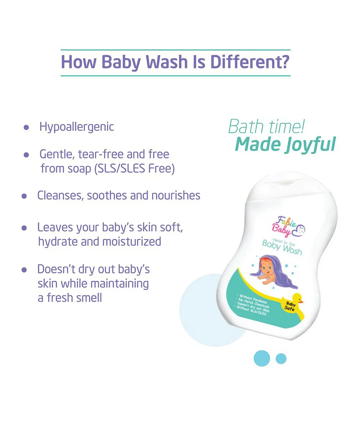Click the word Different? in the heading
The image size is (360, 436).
click(x=250, y=62)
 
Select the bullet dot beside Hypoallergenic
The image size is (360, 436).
click(x=26, y=127)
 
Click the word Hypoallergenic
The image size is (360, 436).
click(x=77, y=127)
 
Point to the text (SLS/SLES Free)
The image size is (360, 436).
click(x=135, y=168)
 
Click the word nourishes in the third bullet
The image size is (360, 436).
click(x=176, y=195)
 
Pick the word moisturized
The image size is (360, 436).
click(x=132, y=242)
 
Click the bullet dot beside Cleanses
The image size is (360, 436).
click(x=24, y=196)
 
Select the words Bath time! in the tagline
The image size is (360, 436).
click(x=266, y=126)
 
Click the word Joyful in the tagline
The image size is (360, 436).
click(x=311, y=144)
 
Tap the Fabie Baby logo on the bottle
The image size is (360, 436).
click(x=288, y=227)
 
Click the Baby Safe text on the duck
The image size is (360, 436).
click(x=290, y=306)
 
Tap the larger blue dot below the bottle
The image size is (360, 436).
click(x=262, y=358)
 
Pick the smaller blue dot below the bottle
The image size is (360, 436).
click(x=281, y=359)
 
